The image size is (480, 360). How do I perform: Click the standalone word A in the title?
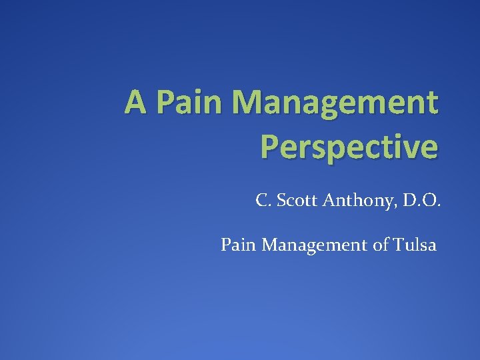pyautogui.click(x=135, y=103)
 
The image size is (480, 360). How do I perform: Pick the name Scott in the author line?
pyautogui.click(x=294, y=200)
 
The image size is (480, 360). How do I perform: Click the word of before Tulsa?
pyautogui.click(x=381, y=245)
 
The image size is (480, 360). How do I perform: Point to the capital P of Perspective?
pyautogui.click(x=271, y=147)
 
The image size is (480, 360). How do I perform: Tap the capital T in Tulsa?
pyautogui.click(x=399, y=245)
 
